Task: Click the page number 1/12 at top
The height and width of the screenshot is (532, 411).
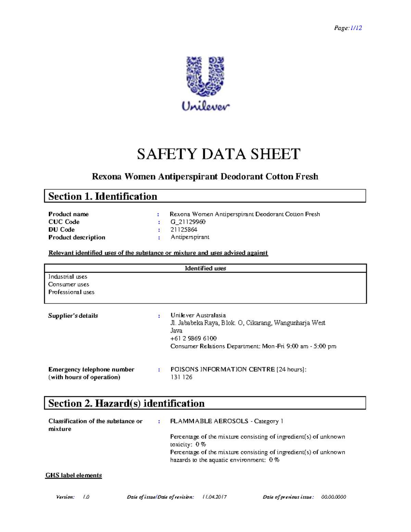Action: point(356,28)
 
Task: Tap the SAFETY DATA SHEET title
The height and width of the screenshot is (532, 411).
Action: point(219,154)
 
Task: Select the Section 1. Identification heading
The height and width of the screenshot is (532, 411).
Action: point(103,196)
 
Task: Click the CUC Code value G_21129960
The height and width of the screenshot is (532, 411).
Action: point(188,222)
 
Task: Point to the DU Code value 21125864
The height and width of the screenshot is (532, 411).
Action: point(184,230)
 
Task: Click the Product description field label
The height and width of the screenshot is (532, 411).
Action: point(77,237)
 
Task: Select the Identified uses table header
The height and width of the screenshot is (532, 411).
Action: point(205,268)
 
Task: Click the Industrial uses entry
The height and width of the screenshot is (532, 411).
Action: point(68,276)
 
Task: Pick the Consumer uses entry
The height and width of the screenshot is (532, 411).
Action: point(68,284)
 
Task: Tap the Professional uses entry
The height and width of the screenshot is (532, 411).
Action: point(71,292)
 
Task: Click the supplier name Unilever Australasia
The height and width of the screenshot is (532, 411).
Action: point(198,315)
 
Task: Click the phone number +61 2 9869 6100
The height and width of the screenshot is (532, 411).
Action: point(194,338)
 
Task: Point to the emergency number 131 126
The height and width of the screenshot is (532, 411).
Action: point(181,377)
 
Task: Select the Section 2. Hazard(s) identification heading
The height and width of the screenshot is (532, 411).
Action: point(126,403)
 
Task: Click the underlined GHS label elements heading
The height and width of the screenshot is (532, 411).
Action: point(74,475)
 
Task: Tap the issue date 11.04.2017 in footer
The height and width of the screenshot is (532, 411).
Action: point(214,497)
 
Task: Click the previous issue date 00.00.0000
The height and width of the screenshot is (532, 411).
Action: point(334,497)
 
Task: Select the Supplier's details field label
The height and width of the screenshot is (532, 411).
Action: point(73,316)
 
